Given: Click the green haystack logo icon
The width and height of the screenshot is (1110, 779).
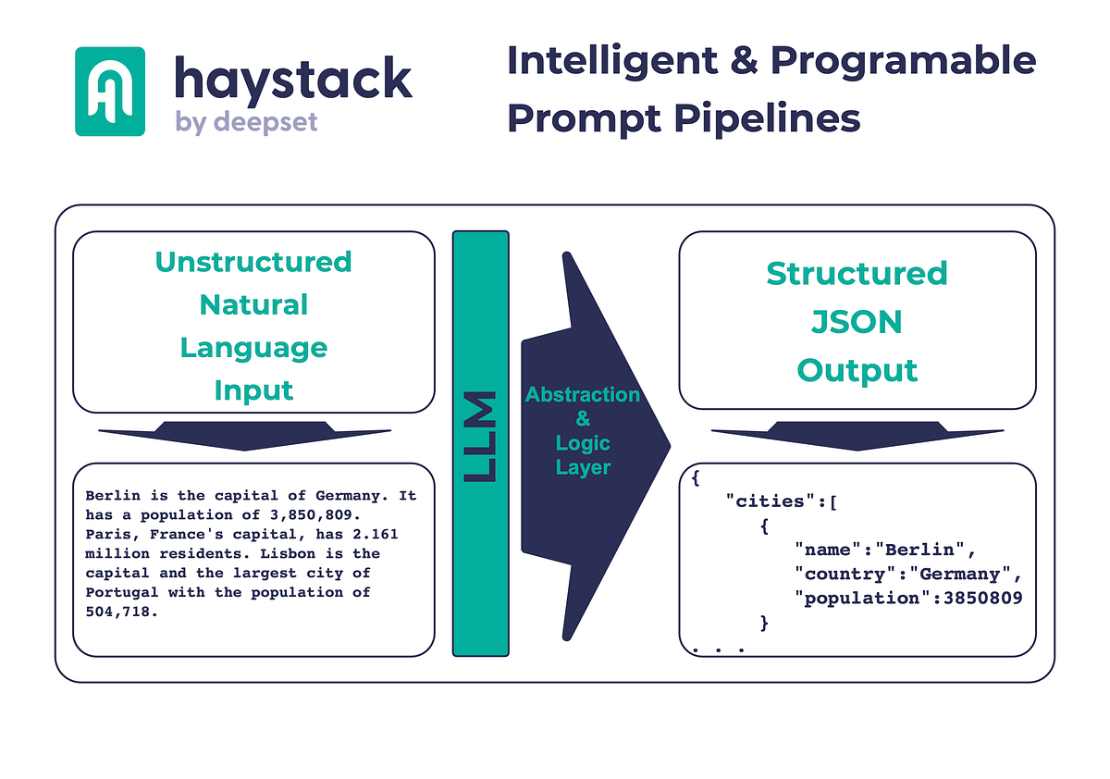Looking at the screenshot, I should (x=109, y=92).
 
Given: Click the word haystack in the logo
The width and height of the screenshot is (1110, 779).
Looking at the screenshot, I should (x=292, y=80).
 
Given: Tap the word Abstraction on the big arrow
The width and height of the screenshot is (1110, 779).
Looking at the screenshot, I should (x=583, y=395).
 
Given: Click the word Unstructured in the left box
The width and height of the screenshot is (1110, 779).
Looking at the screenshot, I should (x=253, y=262).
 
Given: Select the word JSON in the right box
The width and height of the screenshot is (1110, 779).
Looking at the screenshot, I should (x=857, y=322).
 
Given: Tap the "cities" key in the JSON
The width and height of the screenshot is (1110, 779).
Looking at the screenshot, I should (x=766, y=501).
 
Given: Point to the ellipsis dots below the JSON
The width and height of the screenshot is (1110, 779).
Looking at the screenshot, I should (x=718, y=649).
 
